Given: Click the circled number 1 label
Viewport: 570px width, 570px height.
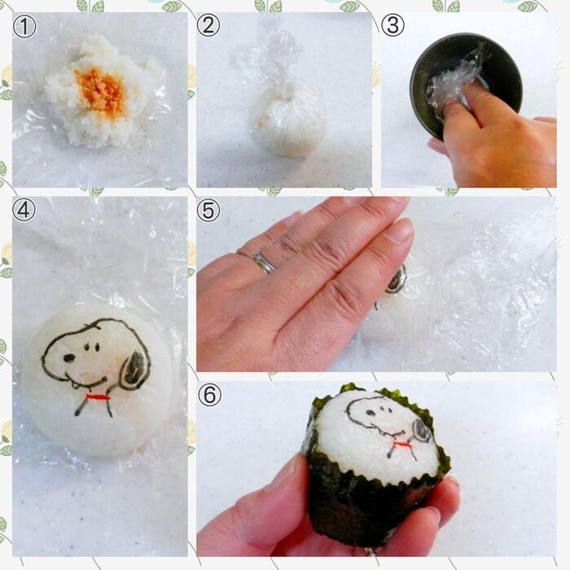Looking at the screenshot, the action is (x=24, y=26).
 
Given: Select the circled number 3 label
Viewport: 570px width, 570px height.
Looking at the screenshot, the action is (x=392, y=25).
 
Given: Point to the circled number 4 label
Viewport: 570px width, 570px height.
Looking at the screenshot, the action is (x=24, y=210).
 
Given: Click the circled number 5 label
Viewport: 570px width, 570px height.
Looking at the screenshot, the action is (x=208, y=210).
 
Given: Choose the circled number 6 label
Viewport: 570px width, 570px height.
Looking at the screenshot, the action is (x=210, y=394).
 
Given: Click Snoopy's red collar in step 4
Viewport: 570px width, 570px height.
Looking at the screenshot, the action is (x=98, y=397).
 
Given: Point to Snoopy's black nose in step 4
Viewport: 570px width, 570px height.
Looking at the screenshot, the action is (x=69, y=358).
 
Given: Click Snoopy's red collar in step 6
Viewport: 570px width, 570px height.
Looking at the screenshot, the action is (x=402, y=444).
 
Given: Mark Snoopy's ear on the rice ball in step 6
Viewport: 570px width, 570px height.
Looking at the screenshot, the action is (x=422, y=430).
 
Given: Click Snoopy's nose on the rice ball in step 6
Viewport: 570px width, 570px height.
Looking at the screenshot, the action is (x=370, y=413).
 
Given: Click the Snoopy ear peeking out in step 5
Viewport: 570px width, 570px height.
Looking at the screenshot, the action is (x=397, y=279).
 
